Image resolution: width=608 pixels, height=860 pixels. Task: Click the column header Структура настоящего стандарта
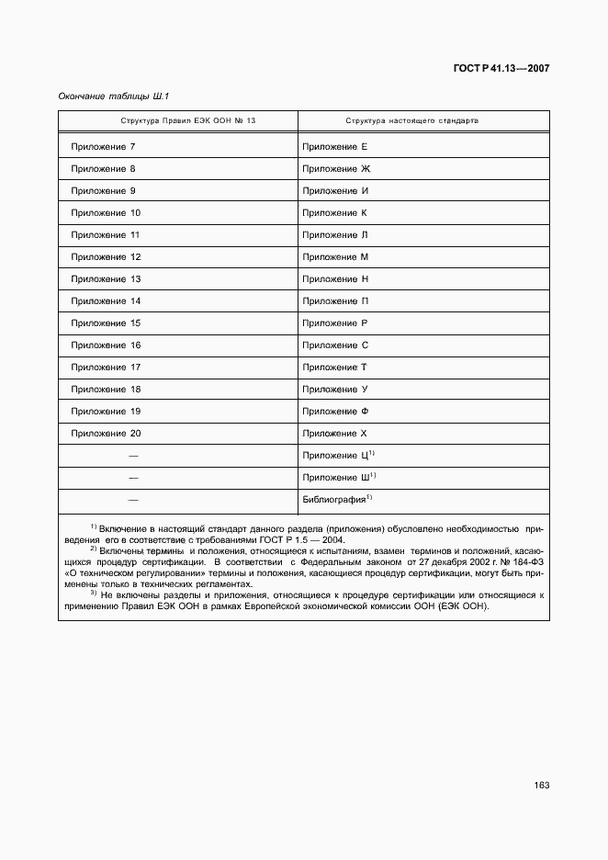click(x=411, y=121)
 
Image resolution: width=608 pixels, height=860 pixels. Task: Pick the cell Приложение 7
click(x=103, y=147)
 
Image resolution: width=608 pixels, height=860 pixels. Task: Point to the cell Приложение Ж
click(x=335, y=169)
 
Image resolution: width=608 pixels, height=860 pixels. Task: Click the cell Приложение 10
click(x=105, y=213)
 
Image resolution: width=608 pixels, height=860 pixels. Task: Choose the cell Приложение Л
click(x=335, y=235)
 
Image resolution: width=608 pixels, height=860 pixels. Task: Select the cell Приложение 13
click(x=105, y=279)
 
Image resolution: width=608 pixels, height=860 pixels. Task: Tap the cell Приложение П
click(x=335, y=301)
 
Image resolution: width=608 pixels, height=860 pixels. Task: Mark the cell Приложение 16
click(x=105, y=345)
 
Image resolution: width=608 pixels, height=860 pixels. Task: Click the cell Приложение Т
click(x=335, y=368)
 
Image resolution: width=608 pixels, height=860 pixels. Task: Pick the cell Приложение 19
click(x=105, y=412)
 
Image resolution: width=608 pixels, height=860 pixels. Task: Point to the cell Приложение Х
click(x=335, y=434)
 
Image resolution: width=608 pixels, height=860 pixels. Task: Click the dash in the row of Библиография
click(x=133, y=500)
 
